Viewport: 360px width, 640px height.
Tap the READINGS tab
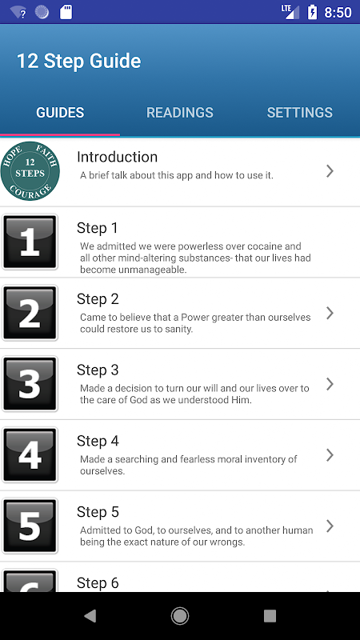[x=179, y=112]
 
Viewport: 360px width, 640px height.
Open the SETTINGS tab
[x=299, y=112]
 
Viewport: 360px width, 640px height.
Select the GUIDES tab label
[x=60, y=112]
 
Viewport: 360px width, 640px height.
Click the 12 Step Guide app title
[x=78, y=61]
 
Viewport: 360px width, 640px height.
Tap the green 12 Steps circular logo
[x=30, y=171]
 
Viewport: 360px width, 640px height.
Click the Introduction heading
[x=117, y=157]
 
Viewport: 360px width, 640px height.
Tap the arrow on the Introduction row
[x=330, y=171]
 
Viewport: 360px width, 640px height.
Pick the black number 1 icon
[x=30, y=242]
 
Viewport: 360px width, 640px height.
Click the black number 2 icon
[x=30, y=313]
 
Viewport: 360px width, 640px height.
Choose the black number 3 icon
[x=30, y=384]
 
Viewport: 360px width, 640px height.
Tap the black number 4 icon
[x=30, y=455]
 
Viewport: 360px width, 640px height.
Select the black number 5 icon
[x=30, y=526]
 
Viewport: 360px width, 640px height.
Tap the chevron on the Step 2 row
[x=330, y=313]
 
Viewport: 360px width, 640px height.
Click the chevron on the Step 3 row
[x=330, y=384]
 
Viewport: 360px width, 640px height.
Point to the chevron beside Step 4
[x=330, y=455]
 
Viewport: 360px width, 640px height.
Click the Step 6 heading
[x=98, y=583]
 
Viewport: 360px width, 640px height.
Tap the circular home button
[x=179, y=616]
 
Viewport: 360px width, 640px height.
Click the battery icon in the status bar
[x=312, y=12]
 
